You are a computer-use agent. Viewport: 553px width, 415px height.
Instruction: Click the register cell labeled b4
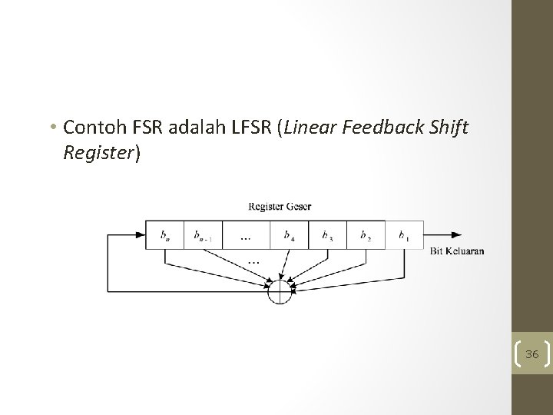coord(289,235)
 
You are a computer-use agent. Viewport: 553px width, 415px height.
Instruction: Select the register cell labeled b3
coord(327,235)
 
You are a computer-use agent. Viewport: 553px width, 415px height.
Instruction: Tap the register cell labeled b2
coord(366,235)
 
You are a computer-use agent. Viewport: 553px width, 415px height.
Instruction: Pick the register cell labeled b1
coord(403,235)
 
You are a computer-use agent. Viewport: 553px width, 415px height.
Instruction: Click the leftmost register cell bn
coord(166,235)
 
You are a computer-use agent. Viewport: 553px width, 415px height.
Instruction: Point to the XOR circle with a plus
coord(280,292)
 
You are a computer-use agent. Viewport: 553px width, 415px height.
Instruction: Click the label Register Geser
coord(280,206)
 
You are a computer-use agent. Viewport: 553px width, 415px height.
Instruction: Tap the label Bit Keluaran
coord(457,251)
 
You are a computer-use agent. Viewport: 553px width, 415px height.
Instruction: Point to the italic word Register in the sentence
coord(99,152)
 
